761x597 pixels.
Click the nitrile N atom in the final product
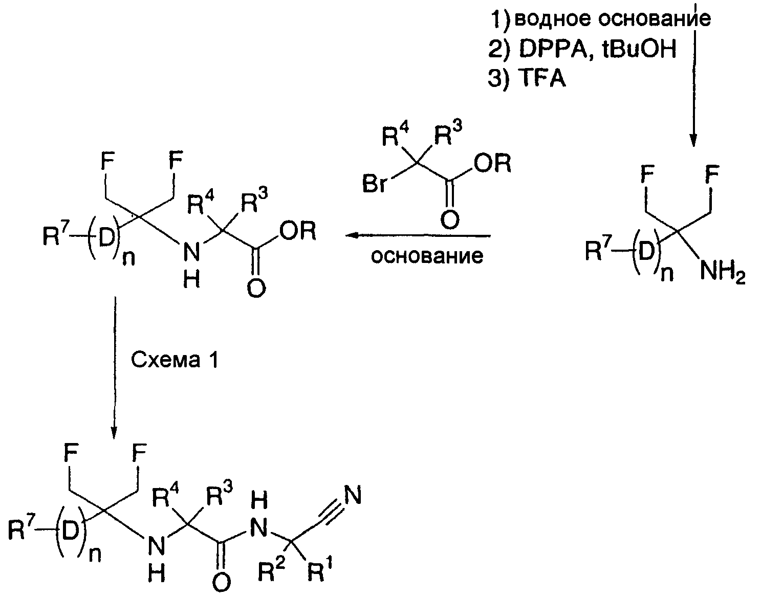pos(353,495)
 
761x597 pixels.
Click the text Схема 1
pos(175,360)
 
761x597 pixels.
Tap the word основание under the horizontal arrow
pos(427,256)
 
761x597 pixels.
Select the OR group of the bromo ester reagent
pos(492,163)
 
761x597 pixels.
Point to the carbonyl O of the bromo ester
pos(449,219)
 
